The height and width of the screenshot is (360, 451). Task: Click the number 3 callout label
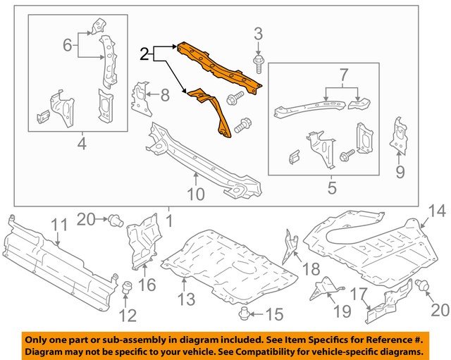(x=258, y=33)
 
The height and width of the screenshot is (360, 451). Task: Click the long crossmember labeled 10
(x=201, y=159)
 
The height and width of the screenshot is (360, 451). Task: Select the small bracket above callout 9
(x=400, y=133)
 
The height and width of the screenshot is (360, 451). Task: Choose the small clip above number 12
(x=128, y=287)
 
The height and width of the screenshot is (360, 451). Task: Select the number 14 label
(x=437, y=210)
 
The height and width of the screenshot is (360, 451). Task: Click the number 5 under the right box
(x=331, y=188)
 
